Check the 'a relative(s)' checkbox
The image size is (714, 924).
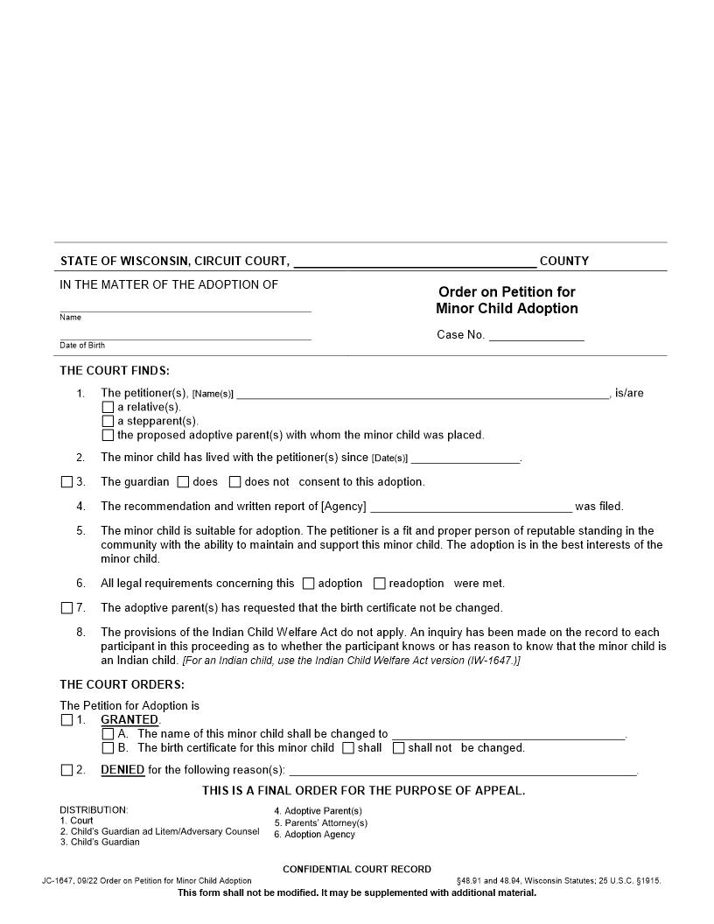point(108,407)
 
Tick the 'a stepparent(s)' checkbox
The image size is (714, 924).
point(108,421)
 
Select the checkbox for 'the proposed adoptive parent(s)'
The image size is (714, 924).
point(108,435)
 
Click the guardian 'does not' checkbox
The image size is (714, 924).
point(234,481)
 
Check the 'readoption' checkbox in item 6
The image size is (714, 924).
point(380,583)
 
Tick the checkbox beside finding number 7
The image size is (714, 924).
point(67,607)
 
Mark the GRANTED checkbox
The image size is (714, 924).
point(67,720)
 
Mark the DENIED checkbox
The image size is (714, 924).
point(67,770)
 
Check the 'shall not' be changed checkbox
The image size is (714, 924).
point(398,748)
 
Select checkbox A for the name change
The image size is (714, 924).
point(108,734)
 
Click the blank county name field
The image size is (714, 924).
point(415,261)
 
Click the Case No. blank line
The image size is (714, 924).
point(535,335)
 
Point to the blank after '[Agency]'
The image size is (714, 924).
point(471,507)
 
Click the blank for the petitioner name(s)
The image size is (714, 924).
point(423,394)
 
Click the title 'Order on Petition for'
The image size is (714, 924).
point(507,292)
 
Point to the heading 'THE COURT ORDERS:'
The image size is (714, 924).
point(122,685)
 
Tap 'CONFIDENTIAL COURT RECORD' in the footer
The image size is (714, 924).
point(356,869)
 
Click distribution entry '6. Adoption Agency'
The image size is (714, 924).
point(314,835)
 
